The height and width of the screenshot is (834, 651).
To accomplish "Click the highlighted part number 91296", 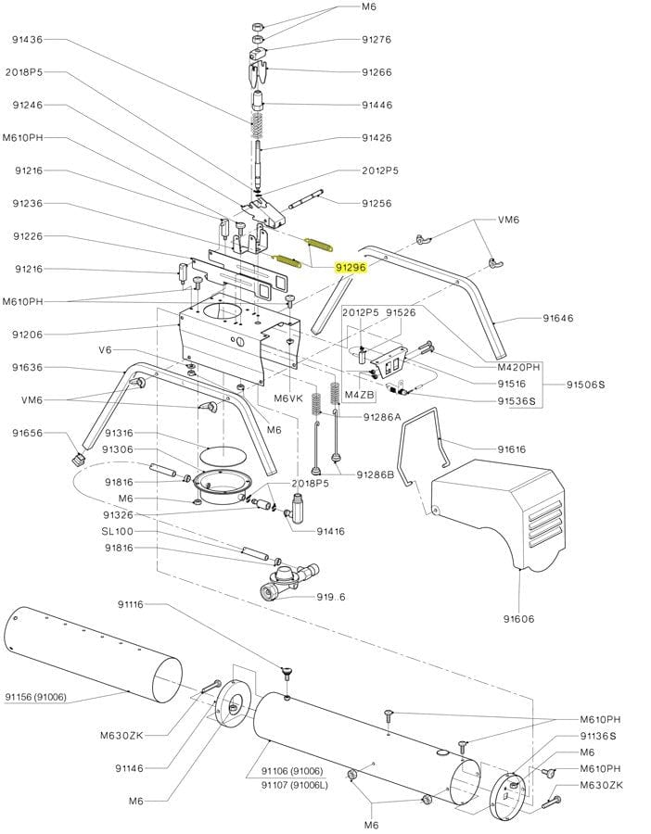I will click(351, 266).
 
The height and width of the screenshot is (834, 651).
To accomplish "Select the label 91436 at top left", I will click(28, 40).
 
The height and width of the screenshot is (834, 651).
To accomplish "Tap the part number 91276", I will click(377, 40).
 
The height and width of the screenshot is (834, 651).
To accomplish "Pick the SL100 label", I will click(118, 531).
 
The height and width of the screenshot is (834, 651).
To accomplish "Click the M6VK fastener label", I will click(287, 398).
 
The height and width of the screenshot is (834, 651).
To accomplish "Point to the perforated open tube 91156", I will click(93, 655).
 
